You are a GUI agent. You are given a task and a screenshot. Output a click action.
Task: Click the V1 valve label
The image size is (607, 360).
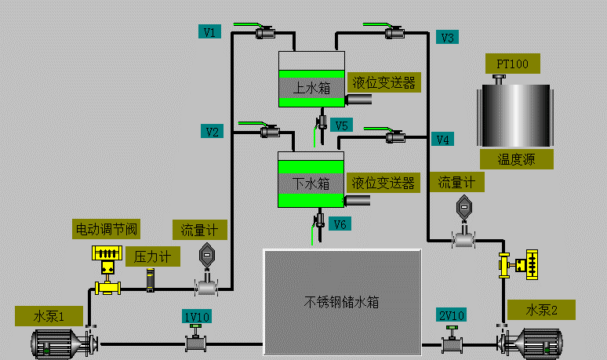coord(210,32)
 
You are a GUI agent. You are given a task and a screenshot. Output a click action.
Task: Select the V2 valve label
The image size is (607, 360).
coord(210,131)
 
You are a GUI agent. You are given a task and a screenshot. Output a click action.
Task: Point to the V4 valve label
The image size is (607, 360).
coord(443,140)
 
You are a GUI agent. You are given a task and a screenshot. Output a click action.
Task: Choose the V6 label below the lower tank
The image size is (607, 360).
coord(340,224)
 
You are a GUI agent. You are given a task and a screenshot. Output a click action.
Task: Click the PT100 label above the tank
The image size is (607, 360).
coord(512,64)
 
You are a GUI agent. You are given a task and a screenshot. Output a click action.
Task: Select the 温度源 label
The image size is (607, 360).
coord(516,159)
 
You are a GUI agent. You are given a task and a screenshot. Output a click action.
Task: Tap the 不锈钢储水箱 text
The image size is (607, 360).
coord(341,301)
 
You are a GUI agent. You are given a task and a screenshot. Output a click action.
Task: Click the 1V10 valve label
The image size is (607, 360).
coord(196,316)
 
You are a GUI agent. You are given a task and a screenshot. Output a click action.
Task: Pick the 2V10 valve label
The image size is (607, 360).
coord(452,315)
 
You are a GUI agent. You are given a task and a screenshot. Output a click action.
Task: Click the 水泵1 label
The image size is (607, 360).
coord(48,317)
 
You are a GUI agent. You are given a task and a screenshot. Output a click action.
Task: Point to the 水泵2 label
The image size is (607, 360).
coord(541,309)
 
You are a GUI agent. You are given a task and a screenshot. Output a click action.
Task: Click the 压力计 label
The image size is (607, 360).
coord(152,256)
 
